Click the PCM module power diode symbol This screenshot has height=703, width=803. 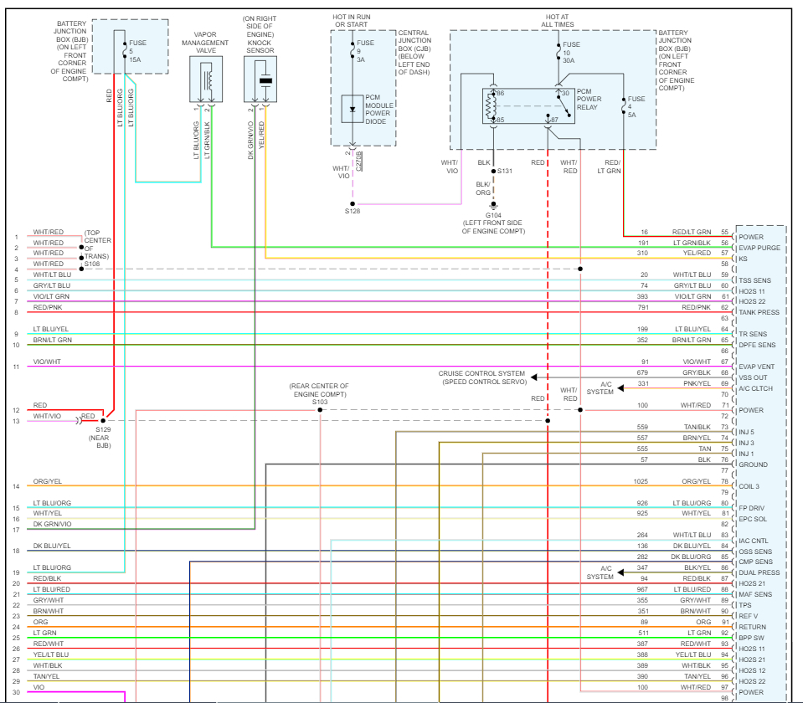(353, 110)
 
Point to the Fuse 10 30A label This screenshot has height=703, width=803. (571, 51)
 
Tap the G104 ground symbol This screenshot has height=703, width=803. (492, 204)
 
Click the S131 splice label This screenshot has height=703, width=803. (505, 171)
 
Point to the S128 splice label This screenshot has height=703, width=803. (353, 212)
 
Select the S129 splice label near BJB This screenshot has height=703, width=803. (103, 429)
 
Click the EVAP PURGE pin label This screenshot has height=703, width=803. (759, 248)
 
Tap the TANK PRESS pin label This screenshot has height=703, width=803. (759, 312)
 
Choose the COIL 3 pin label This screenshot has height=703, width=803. (750, 486)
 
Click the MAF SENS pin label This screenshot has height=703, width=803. (756, 594)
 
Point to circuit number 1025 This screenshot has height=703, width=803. (641, 481)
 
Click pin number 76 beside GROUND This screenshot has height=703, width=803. (724, 459)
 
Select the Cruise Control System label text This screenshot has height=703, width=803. (481, 373)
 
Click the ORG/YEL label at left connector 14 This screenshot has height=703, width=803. (48, 481)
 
